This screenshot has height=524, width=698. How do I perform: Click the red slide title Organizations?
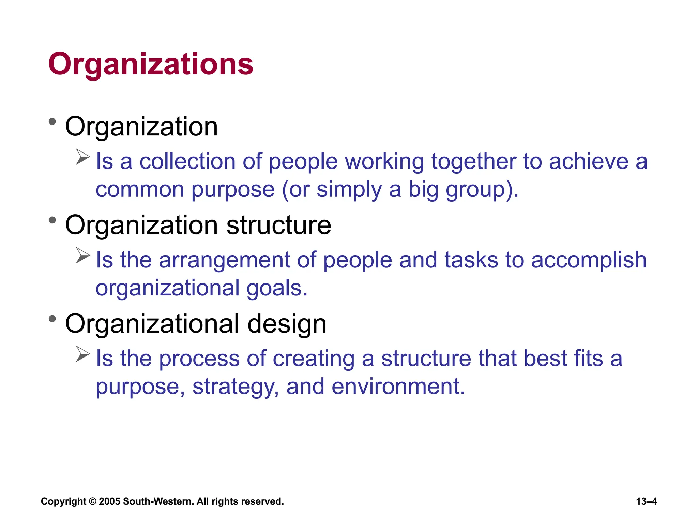pos(151,64)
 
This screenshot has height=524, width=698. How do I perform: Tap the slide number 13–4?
pos(647,501)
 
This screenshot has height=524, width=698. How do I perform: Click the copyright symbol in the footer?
pos(92,501)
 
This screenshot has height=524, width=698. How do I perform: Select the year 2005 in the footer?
pos(109,501)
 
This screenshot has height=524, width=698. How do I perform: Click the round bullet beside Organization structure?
pos(52,220)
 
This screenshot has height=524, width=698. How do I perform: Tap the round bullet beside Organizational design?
pos(52,319)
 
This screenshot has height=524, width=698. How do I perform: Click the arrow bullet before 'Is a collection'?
pos(83,157)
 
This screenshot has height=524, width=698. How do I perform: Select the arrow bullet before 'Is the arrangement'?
pos(83,256)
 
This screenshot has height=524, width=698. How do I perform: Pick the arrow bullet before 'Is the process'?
pos(83,354)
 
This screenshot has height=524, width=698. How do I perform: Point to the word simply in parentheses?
pos(349,190)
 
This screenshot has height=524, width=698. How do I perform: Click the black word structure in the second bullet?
pos(278,225)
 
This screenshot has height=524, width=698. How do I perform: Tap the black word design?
pos(287,324)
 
